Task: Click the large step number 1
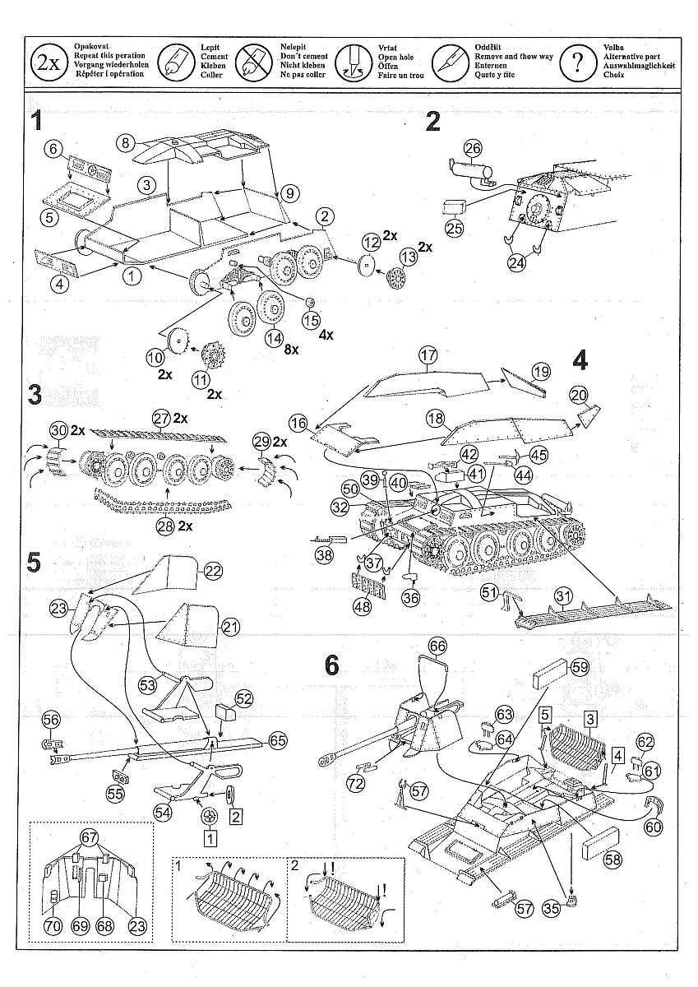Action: click(x=36, y=122)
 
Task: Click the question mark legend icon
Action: click(x=579, y=61)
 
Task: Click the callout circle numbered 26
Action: click(x=471, y=149)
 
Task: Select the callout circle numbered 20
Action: click(x=579, y=394)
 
